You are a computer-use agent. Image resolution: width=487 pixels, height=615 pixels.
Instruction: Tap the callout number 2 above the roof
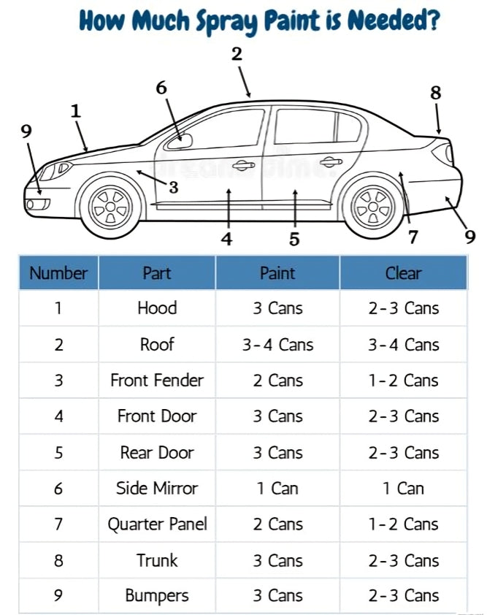(236, 53)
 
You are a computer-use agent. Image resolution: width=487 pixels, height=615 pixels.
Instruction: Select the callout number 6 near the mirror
(161, 87)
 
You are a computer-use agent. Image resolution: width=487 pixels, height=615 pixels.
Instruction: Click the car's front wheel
(112, 205)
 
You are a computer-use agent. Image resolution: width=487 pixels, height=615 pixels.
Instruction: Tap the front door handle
(242, 165)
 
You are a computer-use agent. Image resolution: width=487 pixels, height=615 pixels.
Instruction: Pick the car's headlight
(55, 170)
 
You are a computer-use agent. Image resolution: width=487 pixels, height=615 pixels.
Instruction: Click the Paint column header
(277, 273)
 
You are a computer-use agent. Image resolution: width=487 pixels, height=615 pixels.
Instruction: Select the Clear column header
(403, 273)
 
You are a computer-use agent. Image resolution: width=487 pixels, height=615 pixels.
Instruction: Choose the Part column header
(157, 273)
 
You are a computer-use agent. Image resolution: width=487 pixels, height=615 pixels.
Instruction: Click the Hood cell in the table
(157, 307)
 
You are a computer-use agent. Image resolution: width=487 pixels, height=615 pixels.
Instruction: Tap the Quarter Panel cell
(157, 524)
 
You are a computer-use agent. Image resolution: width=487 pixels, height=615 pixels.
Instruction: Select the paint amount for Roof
(277, 344)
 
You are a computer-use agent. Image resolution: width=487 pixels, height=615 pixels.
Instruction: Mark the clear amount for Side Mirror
(403, 488)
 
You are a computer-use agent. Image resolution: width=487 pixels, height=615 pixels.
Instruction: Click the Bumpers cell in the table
(157, 595)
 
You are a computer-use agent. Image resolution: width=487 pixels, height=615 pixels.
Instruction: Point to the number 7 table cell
(58, 524)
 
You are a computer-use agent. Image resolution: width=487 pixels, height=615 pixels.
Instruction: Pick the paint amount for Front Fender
(277, 380)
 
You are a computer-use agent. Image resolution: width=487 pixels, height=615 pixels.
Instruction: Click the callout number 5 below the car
(294, 239)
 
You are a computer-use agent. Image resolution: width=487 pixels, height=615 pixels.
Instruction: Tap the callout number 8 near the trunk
(436, 93)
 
